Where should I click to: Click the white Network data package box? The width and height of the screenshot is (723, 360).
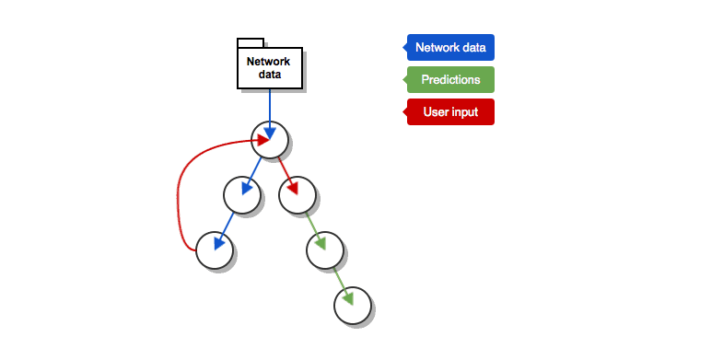coord(270,68)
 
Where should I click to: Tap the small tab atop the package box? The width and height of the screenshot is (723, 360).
coord(251,43)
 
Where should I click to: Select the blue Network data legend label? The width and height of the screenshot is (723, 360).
coord(450,48)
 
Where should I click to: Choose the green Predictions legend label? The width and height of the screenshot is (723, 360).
coord(450,80)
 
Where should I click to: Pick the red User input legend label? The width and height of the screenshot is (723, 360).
coord(450,112)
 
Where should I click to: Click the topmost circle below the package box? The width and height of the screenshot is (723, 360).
coord(270,140)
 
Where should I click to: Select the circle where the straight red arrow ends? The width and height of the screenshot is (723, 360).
coord(297,195)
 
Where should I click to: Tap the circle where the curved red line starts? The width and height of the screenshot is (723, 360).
coord(215,250)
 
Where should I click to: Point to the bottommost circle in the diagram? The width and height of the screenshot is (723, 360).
coord(353,306)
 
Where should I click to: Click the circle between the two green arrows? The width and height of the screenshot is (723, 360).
coord(325,250)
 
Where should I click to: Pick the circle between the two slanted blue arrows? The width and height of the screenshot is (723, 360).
coord(242,195)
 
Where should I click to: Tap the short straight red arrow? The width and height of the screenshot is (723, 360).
coord(287,176)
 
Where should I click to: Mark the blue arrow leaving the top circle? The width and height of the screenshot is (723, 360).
coord(251,176)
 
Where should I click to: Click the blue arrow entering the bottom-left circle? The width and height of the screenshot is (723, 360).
coord(224,231)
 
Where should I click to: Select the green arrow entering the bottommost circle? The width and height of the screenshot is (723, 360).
coord(343,286)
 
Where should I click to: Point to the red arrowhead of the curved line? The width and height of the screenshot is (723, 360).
coord(263,140)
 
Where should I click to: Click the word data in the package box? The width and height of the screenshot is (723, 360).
coord(270,75)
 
